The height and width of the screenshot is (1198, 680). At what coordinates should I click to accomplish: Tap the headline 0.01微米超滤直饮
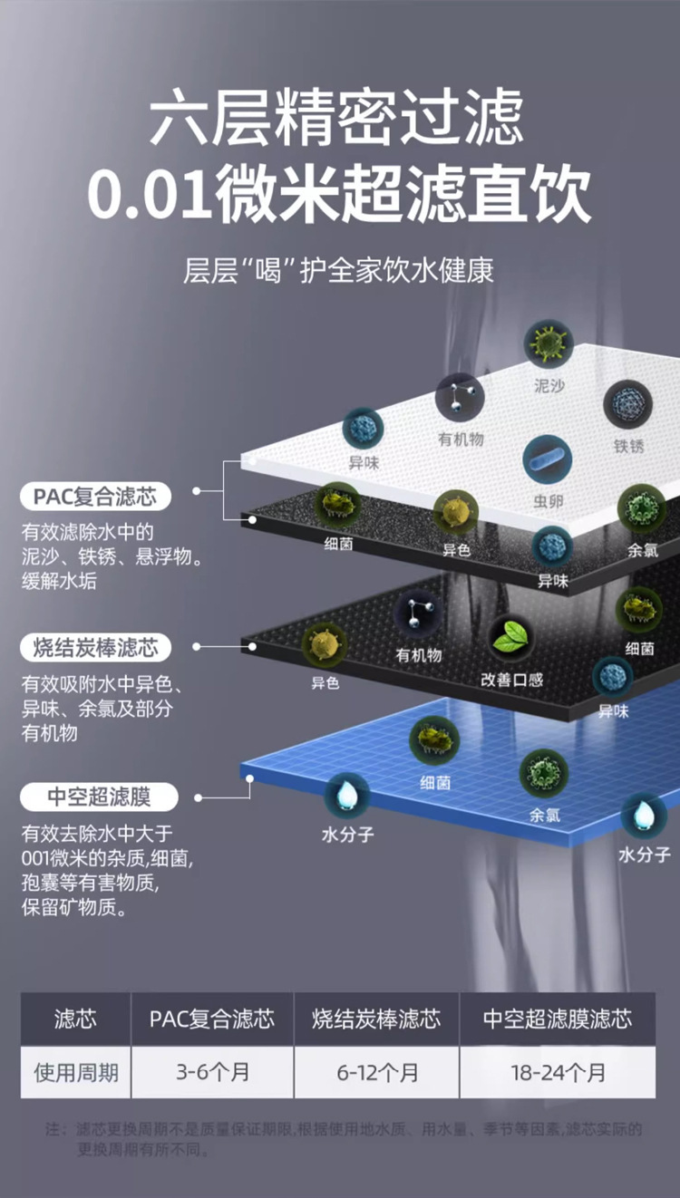pyautogui.click(x=339, y=192)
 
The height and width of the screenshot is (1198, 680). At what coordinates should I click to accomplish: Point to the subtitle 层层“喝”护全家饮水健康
pyautogui.click(x=339, y=271)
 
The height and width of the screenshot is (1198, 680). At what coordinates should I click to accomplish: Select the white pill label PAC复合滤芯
pyautogui.click(x=95, y=497)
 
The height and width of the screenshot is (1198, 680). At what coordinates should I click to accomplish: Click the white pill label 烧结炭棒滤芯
pyautogui.click(x=95, y=647)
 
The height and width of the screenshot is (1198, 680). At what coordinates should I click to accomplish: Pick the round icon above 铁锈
pyautogui.click(x=628, y=404)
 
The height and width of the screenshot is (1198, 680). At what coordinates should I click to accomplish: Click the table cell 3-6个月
pyautogui.click(x=212, y=1073)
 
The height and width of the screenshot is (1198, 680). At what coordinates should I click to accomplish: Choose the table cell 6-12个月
pyautogui.click(x=377, y=1073)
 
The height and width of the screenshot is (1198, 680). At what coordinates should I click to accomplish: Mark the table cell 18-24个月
pyautogui.click(x=558, y=1073)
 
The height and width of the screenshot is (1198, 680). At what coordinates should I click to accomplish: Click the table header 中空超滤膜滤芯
pyautogui.click(x=558, y=1019)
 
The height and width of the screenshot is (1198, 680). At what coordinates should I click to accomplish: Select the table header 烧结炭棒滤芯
pyautogui.click(x=377, y=1019)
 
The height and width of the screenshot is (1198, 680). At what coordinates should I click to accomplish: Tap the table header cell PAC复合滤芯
pyautogui.click(x=212, y=1019)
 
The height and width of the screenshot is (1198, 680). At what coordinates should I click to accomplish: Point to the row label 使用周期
pyautogui.click(x=76, y=1073)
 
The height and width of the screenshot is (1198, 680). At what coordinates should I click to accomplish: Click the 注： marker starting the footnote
pyautogui.click(x=56, y=1130)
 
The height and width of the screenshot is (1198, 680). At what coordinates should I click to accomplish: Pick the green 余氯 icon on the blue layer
pyautogui.click(x=544, y=774)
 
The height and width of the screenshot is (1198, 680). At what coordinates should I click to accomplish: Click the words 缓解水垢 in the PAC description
pyautogui.click(x=59, y=581)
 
